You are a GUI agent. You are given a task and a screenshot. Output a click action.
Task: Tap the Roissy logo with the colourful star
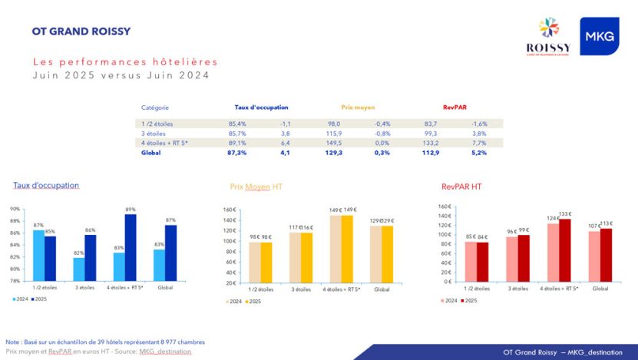[x=547, y=37]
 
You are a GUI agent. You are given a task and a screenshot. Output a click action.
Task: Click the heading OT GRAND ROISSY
[x=81, y=31]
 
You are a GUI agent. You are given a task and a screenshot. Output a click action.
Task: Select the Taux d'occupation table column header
[x=261, y=107]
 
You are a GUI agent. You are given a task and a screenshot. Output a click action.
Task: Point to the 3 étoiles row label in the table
[x=155, y=133]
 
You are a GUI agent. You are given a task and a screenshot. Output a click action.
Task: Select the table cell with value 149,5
[x=335, y=142]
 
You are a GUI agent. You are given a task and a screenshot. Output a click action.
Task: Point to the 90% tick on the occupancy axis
[x=15, y=209]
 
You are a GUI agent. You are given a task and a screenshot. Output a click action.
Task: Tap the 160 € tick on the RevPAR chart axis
[x=444, y=206]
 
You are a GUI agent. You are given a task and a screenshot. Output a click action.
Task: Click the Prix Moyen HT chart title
[x=256, y=187]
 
